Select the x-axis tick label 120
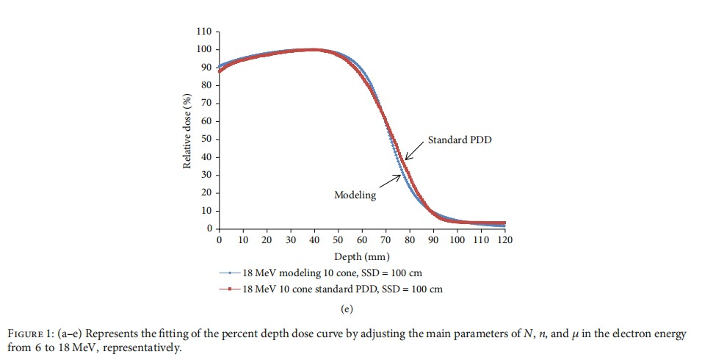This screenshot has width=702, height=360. tap(504, 240)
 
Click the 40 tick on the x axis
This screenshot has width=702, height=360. tap(314, 240)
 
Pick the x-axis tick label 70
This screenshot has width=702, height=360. tap(386, 240)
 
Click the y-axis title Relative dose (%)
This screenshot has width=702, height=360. tap(187, 130)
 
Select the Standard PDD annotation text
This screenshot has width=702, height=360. tap(459, 139)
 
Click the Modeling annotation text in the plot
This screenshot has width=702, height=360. tap(355, 195)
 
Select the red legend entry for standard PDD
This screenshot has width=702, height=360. tap(330, 289)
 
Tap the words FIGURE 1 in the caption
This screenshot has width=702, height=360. tap(35, 334)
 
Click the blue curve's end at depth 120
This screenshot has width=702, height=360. tap(504, 226)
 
